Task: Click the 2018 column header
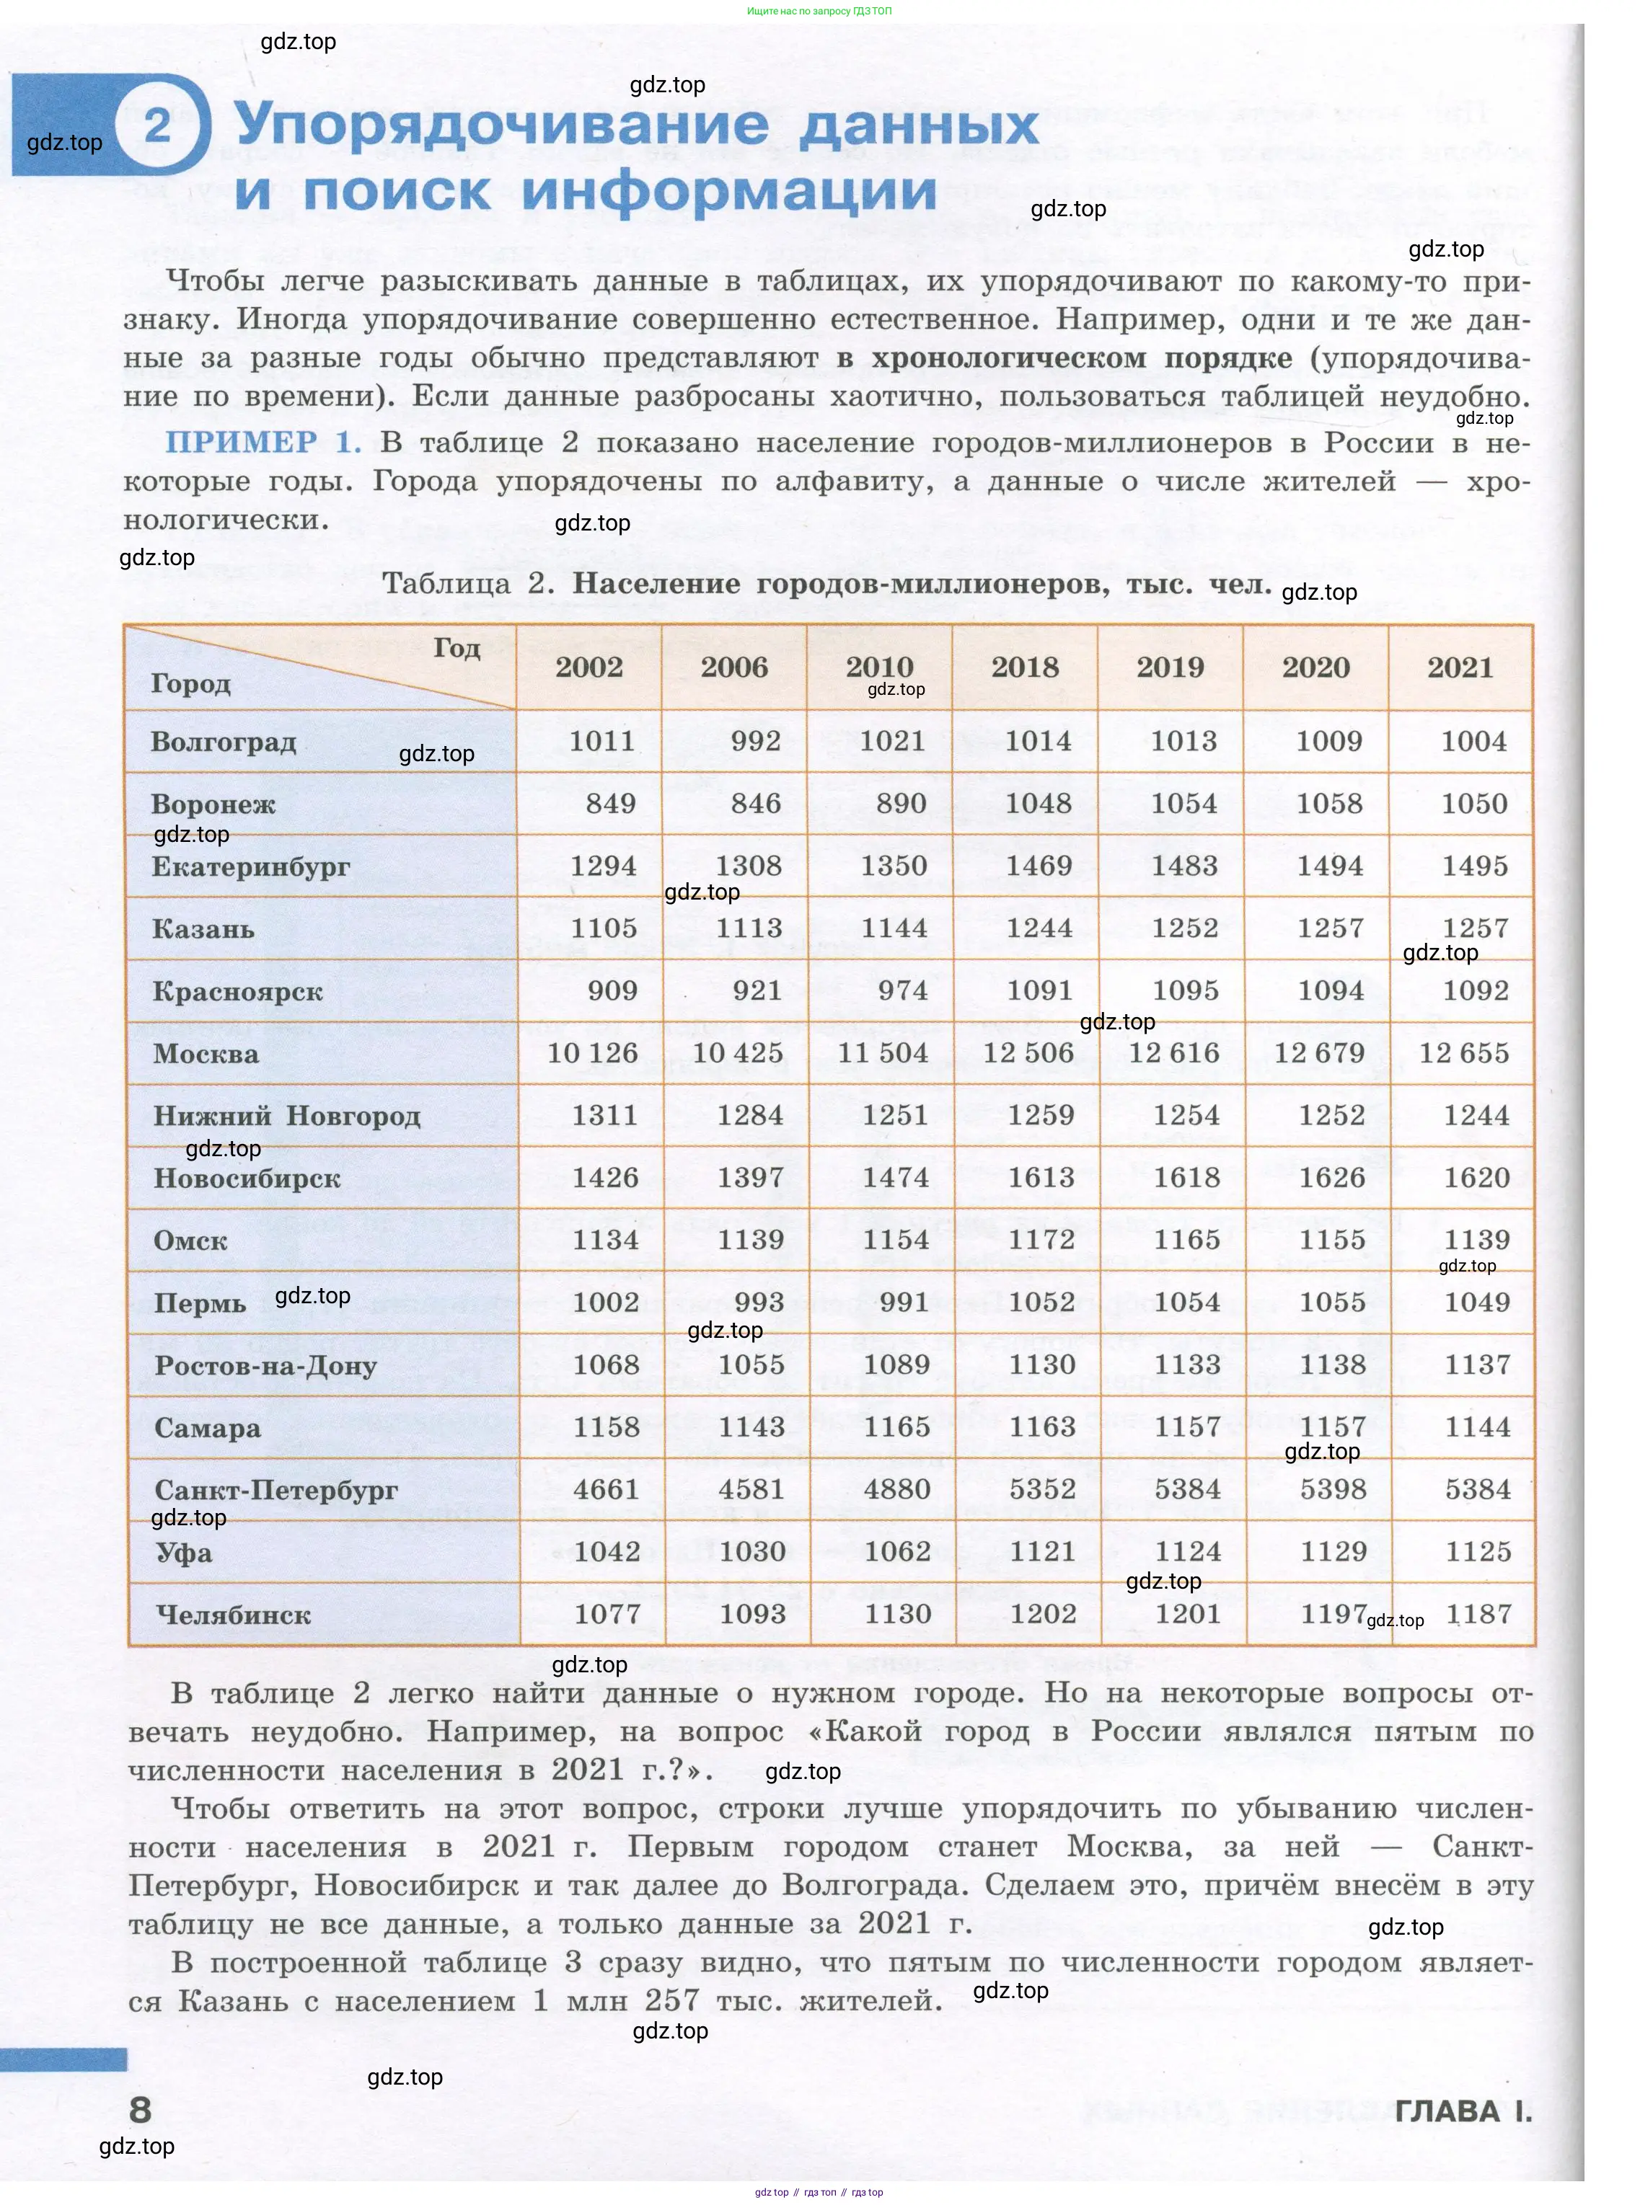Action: (1025, 667)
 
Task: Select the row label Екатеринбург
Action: (250, 866)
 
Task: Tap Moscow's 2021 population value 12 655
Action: (1463, 1053)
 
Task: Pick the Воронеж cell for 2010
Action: (900, 804)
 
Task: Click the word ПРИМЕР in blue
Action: (241, 443)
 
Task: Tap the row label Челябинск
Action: (233, 1615)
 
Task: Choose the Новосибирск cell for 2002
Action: (604, 1178)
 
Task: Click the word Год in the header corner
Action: (457, 648)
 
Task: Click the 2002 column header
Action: (588, 667)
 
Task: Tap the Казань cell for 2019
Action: (1184, 928)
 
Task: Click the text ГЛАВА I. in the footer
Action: (1463, 2111)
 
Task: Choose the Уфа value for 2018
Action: (1042, 1552)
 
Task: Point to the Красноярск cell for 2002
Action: (612, 990)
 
